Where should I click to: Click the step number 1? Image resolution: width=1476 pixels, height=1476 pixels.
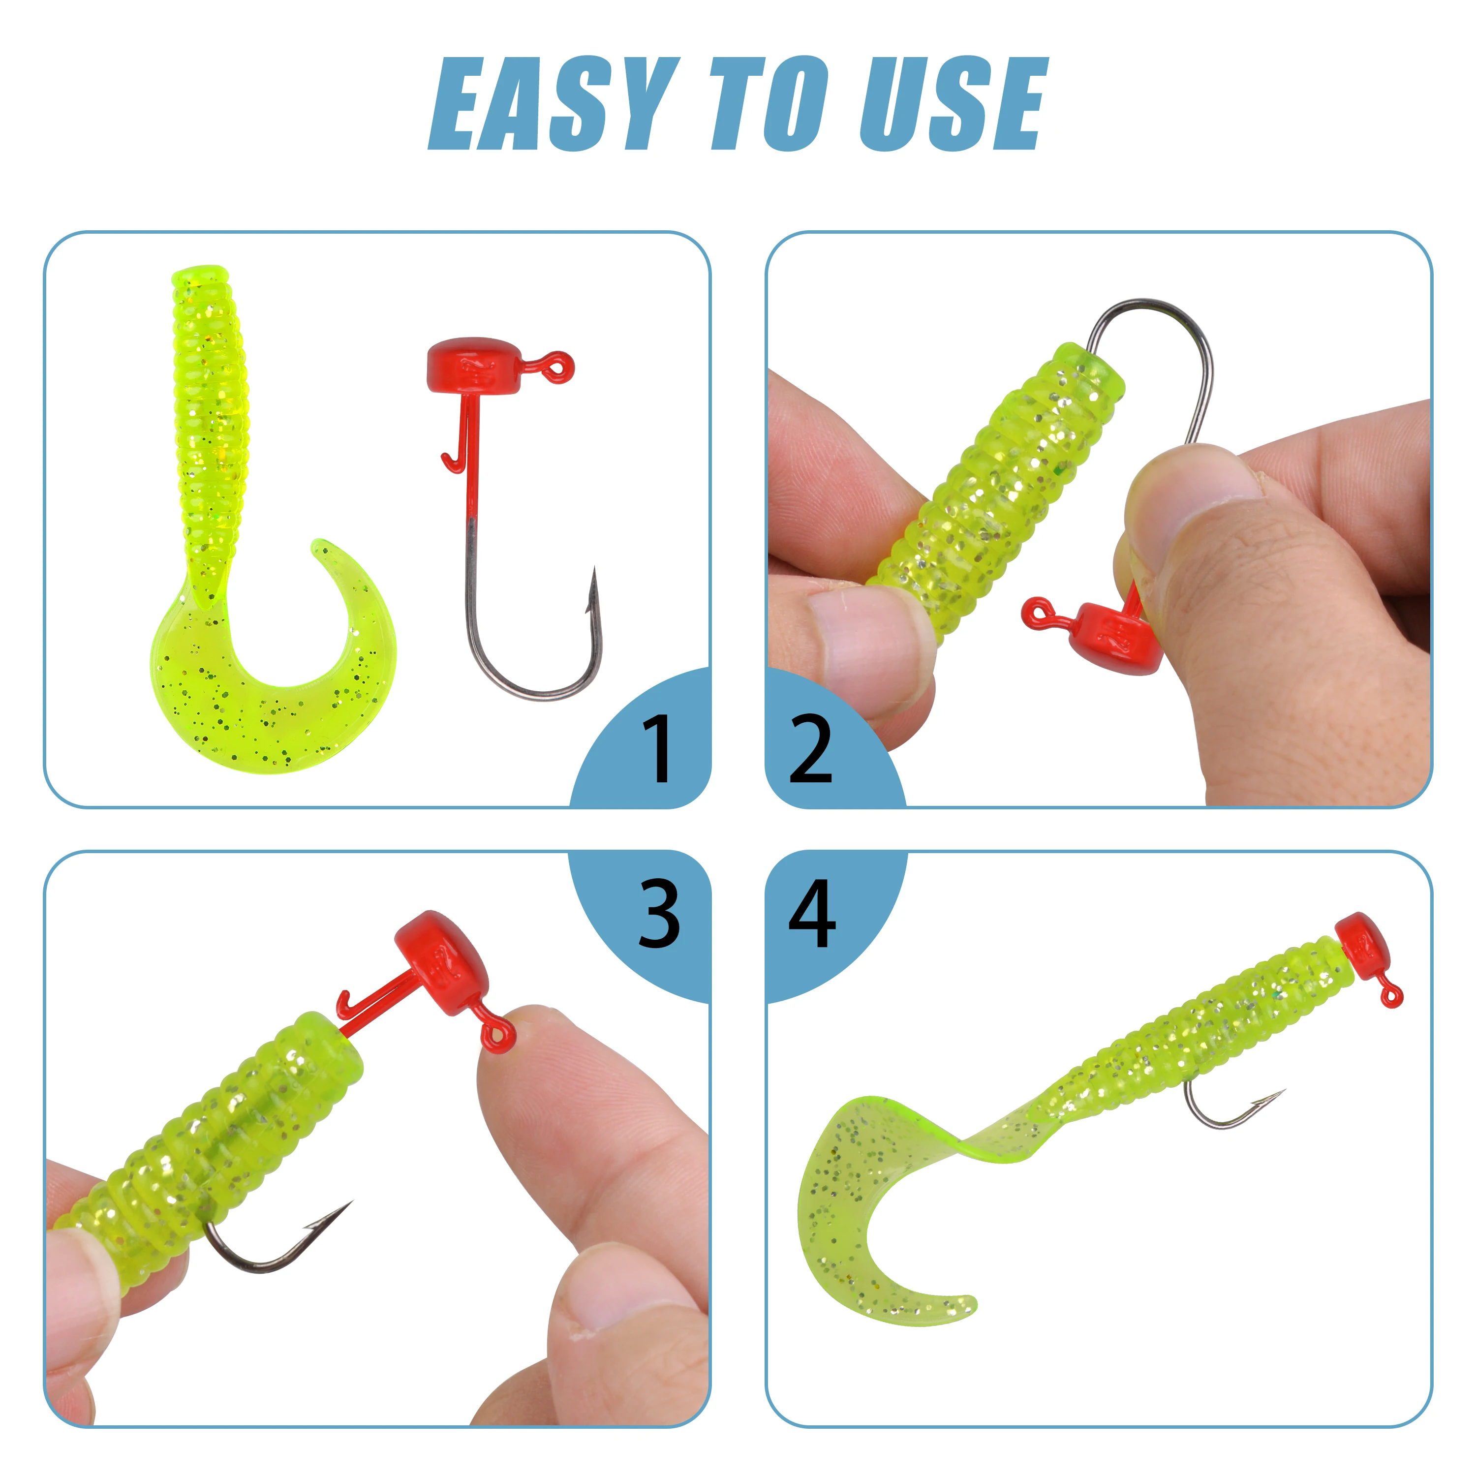coord(657,749)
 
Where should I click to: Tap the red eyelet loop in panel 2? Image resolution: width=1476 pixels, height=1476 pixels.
coord(1039,614)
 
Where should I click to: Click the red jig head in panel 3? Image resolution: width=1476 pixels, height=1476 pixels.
coord(438,963)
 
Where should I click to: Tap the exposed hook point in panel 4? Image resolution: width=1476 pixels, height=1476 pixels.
coord(1284,1091)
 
